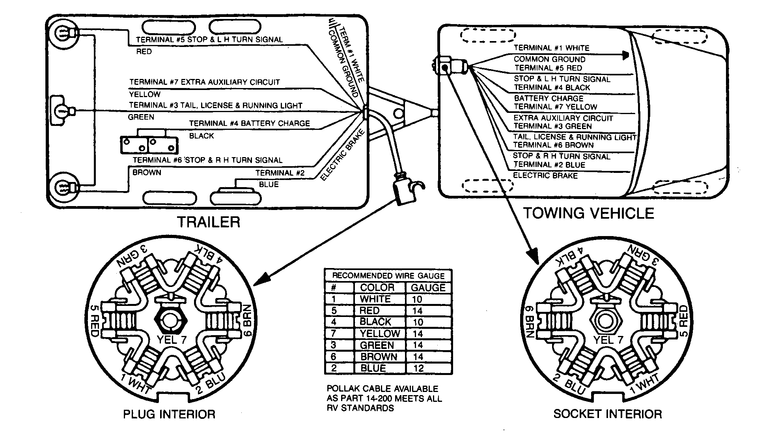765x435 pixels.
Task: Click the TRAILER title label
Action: coord(208,222)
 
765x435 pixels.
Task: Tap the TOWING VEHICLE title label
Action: coord(588,214)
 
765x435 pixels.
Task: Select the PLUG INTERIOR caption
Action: coord(169,414)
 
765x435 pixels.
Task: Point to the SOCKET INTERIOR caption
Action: coord(607,414)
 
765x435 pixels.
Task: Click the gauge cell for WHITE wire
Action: coord(417,299)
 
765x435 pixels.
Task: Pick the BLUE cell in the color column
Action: coord(373,368)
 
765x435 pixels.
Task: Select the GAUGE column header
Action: coord(428,288)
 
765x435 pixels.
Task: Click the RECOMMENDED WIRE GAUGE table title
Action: coord(388,276)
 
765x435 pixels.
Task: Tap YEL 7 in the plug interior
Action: coord(171,340)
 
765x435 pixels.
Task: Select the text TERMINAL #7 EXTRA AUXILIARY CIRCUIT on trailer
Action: coord(204,82)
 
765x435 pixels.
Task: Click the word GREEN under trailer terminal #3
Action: coord(141,117)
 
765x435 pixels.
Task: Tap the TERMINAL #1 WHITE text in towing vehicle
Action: coord(551,48)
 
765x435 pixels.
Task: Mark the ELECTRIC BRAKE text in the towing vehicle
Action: coord(545,175)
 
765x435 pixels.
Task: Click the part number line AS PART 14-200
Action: coord(384,399)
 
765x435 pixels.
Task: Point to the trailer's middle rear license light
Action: coord(62,111)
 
